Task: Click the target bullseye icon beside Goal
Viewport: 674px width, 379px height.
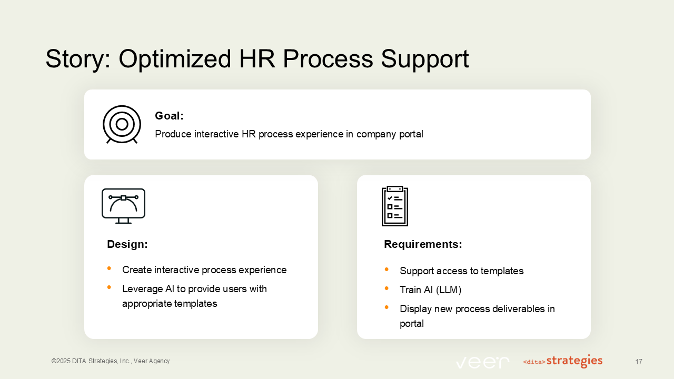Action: click(122, 124)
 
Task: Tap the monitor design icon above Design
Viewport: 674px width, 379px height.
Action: click(123, 205)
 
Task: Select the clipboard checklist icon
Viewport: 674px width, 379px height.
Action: click(394, 206)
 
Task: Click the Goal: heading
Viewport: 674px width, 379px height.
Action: click(169, 116)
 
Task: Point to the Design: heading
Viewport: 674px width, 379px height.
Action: click(127, 244)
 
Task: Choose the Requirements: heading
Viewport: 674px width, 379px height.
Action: click(423, 244)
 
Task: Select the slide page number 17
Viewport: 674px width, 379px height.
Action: click(638, 362)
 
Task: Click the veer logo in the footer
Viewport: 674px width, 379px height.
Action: click(482, 362)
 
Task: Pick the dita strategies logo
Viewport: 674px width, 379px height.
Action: click(563, 361)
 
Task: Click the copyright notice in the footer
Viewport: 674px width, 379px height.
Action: click(111, 361)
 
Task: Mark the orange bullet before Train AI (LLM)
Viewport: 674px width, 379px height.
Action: click(386, 288)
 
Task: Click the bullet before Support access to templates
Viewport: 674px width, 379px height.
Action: click(386, 270)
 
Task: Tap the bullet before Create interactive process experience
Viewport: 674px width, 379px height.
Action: click(109, 268)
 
